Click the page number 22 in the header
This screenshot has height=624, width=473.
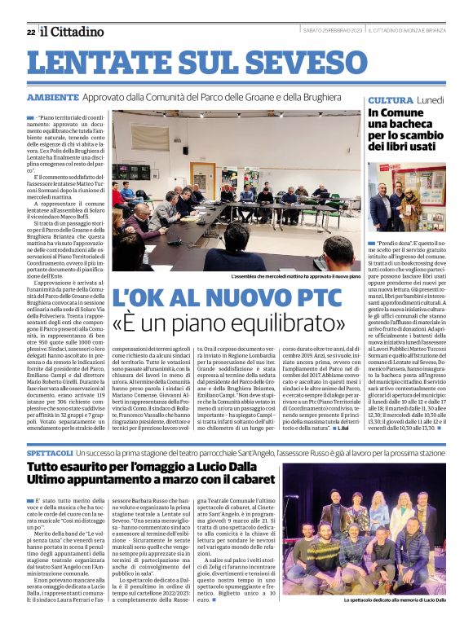pos(31,32)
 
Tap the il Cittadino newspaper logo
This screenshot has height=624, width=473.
pos(73,31)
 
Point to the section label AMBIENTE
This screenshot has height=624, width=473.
pos(52,97)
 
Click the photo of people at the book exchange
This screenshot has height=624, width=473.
pos(406,196)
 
